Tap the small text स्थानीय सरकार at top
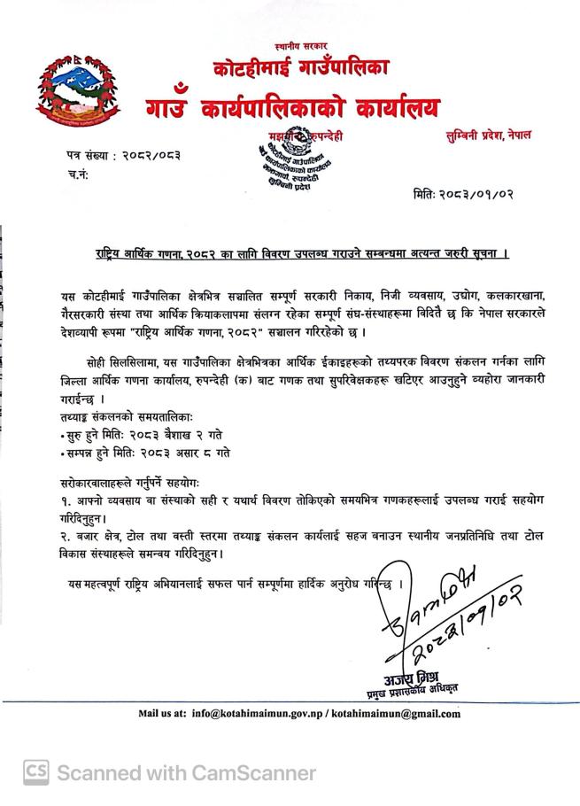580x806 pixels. (301, 44)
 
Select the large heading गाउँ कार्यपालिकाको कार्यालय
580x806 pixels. (293, 107)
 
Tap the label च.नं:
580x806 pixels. (79, 175)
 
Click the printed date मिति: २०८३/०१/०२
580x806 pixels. (463, 194)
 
